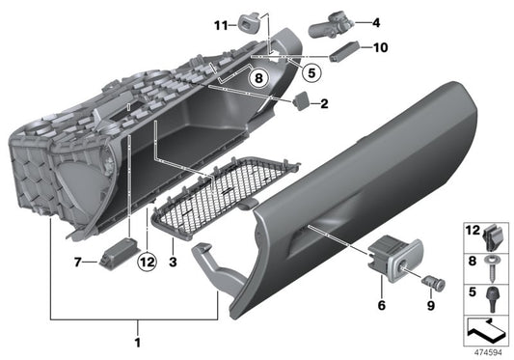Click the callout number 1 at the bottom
tap(137, 343)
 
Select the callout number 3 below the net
tap(171, 262)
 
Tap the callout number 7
tap(78, 262)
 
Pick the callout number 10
tap(379, 46)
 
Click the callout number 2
tap(325, 103)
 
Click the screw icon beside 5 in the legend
tap(492, 291)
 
